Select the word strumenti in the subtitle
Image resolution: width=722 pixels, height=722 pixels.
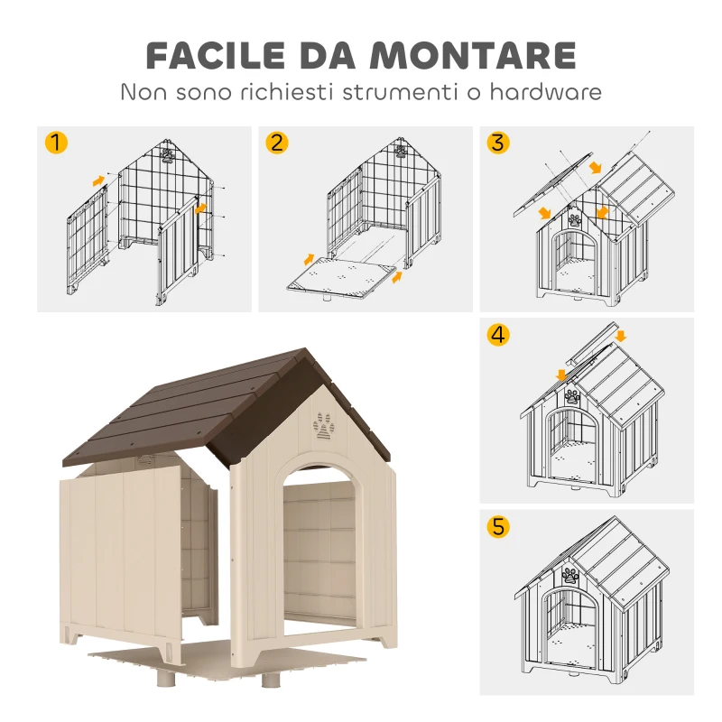click(398, 92)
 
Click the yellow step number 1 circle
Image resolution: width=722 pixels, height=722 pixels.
click(56, 143)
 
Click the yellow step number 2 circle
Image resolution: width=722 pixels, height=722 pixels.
click(277, 143)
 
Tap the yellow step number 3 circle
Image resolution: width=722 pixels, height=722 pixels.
click(497, 143)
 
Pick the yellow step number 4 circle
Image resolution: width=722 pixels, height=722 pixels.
click(497, 335)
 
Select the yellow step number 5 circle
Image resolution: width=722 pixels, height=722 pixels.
click(497, 526)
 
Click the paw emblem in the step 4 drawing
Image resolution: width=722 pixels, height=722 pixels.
click(572, 395)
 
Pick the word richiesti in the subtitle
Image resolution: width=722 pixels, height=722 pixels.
click(282, 92)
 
